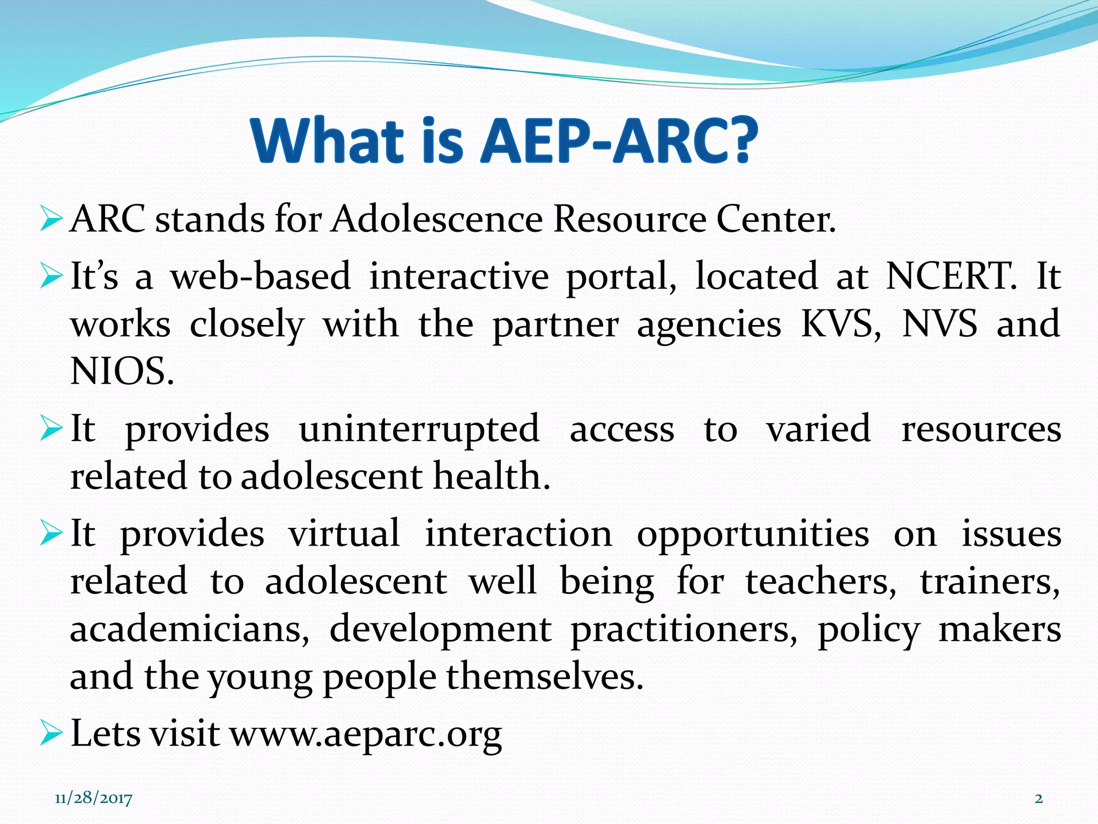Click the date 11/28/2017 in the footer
pos(93,798)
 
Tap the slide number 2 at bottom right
pos(1038,798)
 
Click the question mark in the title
pos(739,141)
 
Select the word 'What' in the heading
pos(327,141)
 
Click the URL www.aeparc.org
pos(366,733)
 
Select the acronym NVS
pos(940,323)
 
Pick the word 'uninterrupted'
pos(419,429)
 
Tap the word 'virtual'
pos(344,534)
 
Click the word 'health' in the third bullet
pos(491,476)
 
